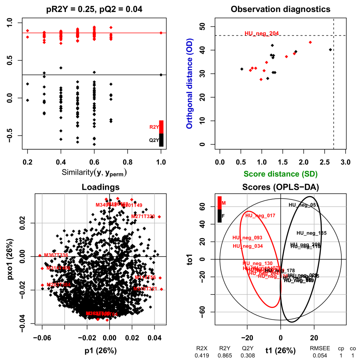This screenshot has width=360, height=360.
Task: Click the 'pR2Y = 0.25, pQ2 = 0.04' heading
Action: point(94,10)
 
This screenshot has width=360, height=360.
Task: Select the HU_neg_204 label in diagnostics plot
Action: point(262,34)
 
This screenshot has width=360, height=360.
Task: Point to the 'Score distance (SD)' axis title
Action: point(281,174)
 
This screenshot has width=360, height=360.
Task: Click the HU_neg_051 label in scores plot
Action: point(304,205)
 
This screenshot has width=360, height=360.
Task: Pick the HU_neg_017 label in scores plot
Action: point(260,216)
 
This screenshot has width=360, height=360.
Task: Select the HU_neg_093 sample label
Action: point(248,238)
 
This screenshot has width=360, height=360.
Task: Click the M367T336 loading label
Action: point(56,255)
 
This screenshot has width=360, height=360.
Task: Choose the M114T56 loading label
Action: point(145,278)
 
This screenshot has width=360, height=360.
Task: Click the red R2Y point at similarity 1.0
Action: point(161,33)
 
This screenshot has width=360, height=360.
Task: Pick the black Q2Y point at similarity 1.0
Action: point(161,75)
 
